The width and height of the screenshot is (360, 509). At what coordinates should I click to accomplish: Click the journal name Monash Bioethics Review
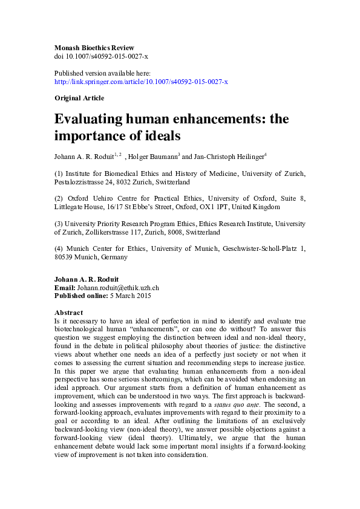point(94,48)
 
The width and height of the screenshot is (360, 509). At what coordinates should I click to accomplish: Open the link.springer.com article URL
point(141,82)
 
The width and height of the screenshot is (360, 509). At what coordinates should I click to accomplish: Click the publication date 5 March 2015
point(129,296)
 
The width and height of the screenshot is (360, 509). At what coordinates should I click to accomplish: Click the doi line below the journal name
point(101,56)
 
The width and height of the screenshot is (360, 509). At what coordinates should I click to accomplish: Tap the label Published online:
point(80,296)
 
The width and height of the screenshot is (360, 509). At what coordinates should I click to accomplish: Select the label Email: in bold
point(65,288)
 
